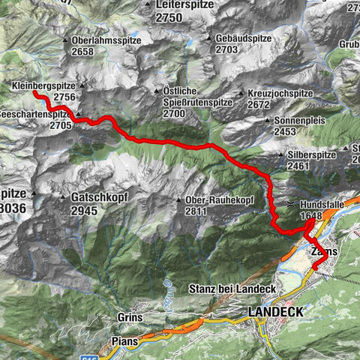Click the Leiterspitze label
click(184, 4)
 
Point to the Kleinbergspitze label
click(43, 87)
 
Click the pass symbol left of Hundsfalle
click(290, 204)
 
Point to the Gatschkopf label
click(94, 196)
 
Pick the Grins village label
click(130, 317)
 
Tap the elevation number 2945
click(85, 211)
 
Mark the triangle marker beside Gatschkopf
click(63, 196)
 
